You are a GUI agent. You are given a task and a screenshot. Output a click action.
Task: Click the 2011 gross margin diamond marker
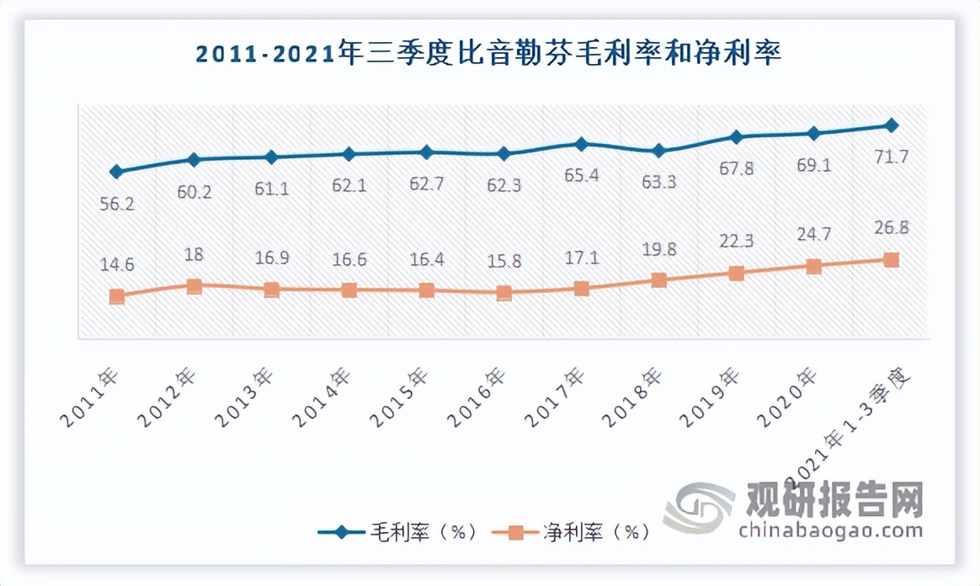pos(116,172)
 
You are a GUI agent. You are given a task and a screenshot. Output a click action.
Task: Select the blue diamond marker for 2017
pos(581,144)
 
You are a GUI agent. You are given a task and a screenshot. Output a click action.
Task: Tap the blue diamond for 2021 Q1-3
pos(891,125)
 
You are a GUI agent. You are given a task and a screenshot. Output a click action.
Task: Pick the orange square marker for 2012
pos(194,285)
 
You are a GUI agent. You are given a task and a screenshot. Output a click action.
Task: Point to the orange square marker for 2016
pos(503,293)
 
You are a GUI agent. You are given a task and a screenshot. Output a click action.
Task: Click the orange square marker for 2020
pos(813,266)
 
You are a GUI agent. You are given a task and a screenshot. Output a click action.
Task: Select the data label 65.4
pos(580,175)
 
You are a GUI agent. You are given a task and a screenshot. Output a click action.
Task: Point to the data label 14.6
pos(116,263)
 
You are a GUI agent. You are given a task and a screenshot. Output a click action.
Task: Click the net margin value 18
pos(194,254)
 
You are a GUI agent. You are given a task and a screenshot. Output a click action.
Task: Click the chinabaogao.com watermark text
pos(830,530)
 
